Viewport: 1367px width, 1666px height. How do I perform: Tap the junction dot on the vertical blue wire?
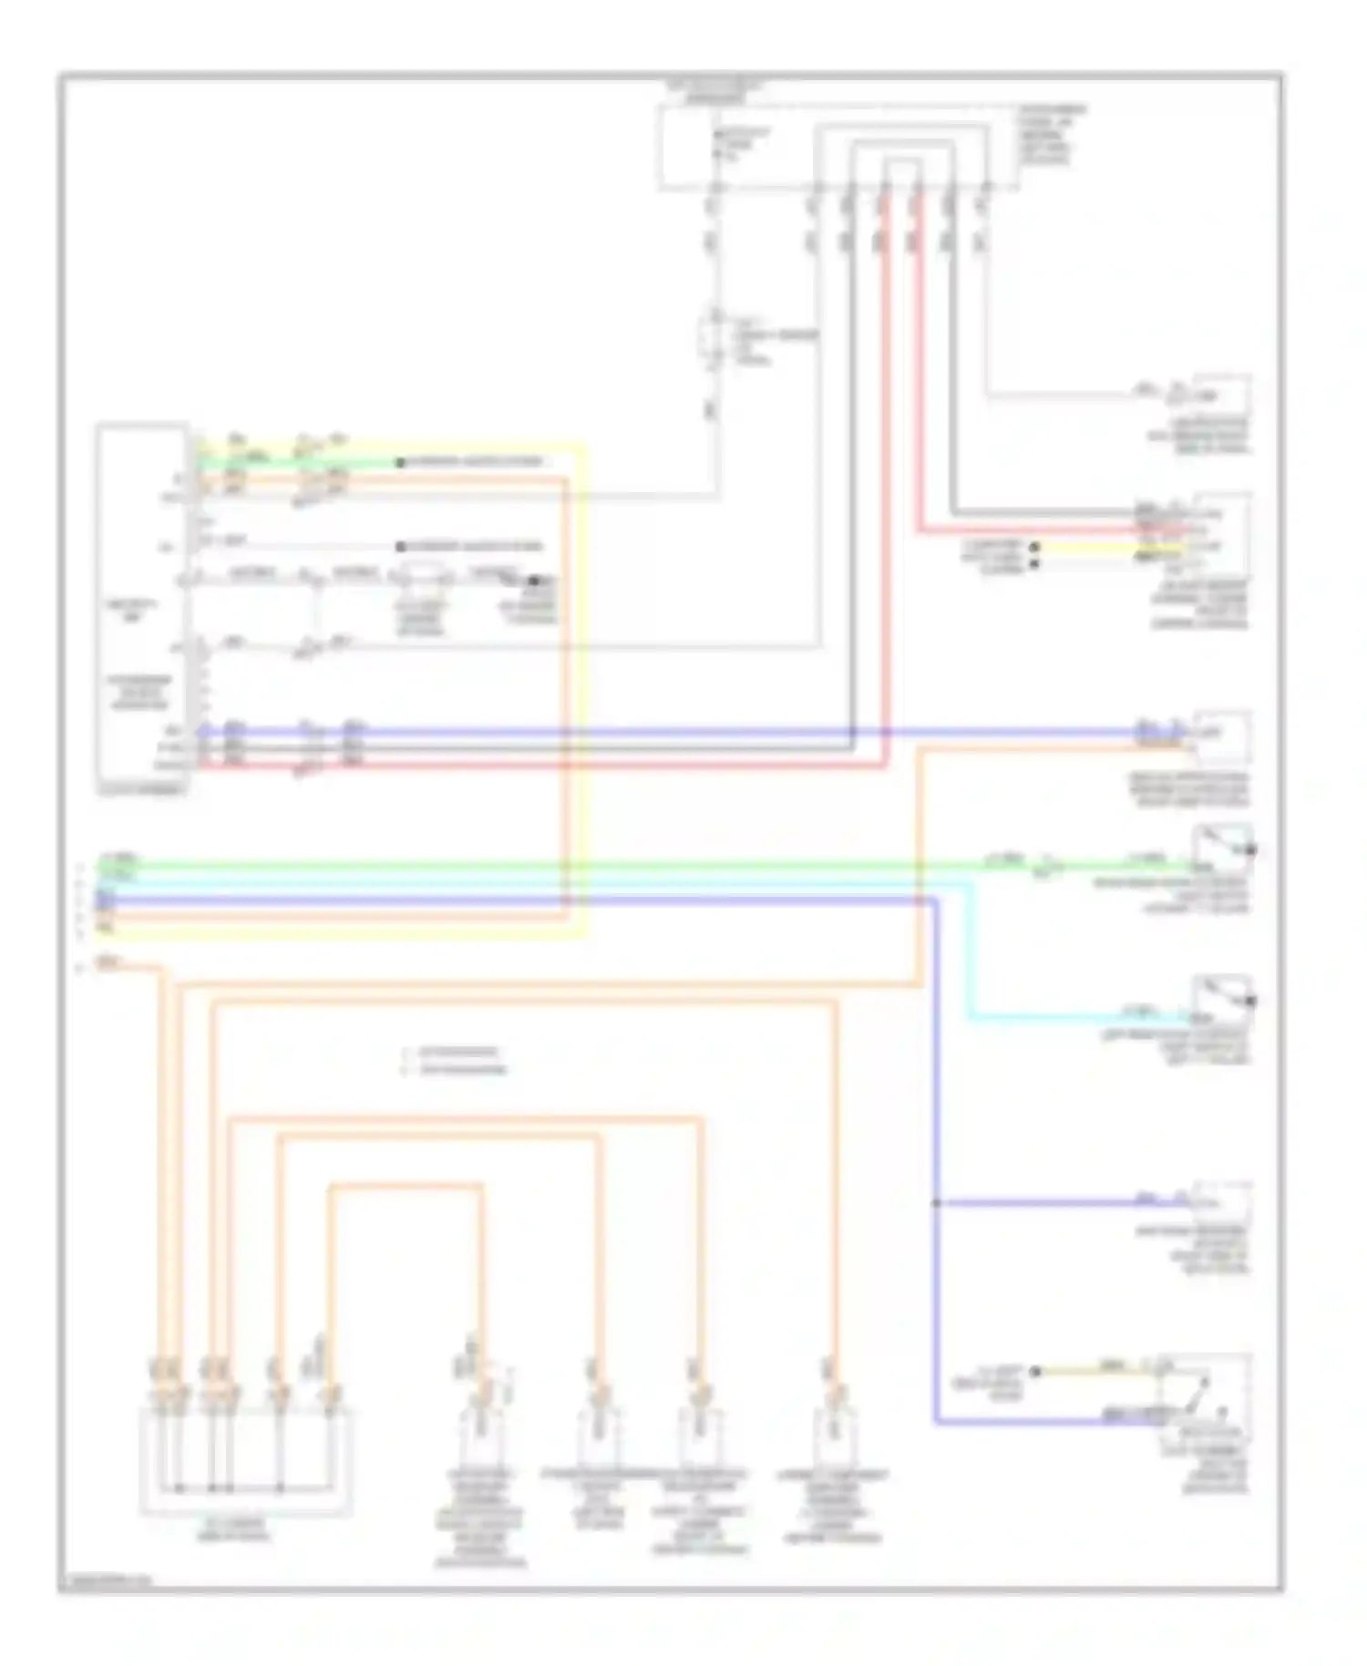(936, 1203)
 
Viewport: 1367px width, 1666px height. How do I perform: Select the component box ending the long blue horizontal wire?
(1221, 736)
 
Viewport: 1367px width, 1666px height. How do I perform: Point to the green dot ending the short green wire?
(399, 463)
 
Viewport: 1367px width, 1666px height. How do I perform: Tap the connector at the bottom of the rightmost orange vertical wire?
(832, 1417)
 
